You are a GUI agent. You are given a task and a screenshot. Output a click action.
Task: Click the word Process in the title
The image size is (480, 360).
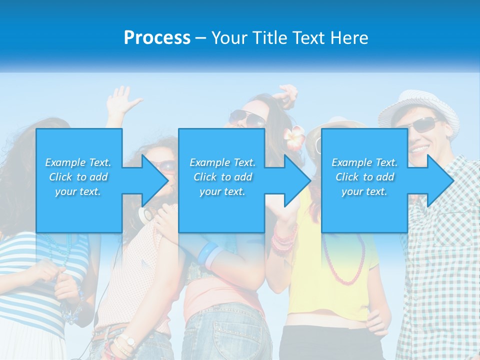point(157,37)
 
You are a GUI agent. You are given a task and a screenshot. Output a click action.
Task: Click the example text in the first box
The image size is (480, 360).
point(78,176)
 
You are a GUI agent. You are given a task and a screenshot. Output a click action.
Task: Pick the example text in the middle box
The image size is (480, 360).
point(222,176)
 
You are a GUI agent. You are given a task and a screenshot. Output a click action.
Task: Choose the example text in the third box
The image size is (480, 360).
point(364,176)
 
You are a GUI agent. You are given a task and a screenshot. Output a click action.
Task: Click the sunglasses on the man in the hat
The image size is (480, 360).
point(425,124)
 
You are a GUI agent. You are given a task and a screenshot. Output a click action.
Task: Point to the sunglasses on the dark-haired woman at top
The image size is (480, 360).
point(247,118)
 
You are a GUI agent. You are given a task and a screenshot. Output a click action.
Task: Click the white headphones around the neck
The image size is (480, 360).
point(146,215)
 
